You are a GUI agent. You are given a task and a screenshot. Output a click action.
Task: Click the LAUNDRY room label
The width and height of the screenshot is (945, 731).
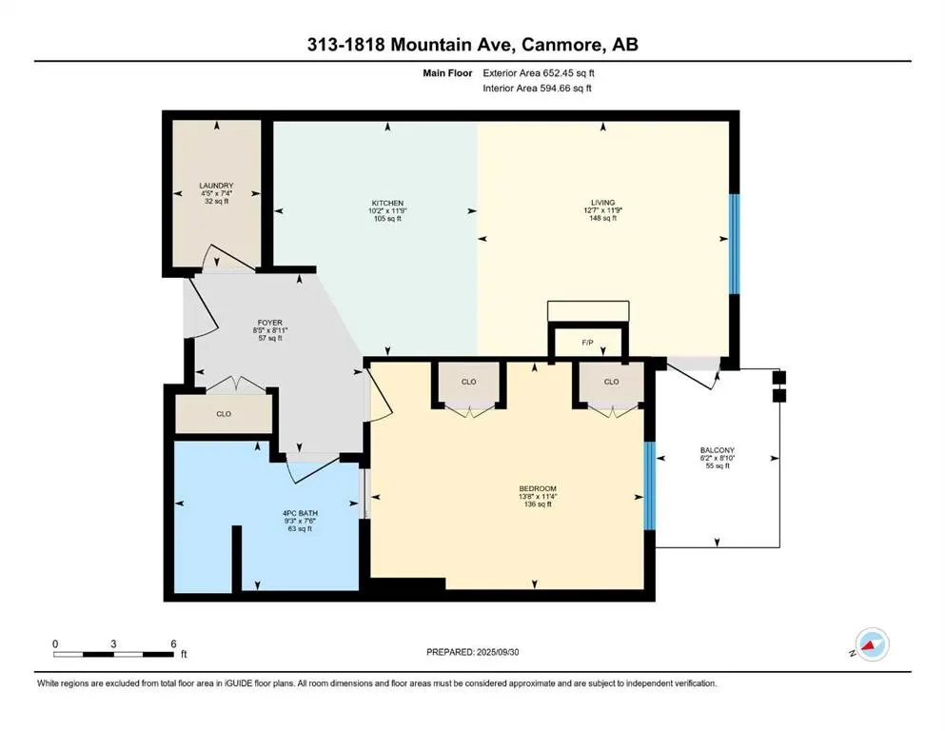pyautogui.click(x=216, y=186)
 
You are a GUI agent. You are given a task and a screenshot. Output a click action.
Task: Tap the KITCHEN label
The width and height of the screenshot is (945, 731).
pyautogui.click(x=387, y=203)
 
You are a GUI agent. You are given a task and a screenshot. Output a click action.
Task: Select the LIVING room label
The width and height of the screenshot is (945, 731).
pyautogui.click(x=602, y=203)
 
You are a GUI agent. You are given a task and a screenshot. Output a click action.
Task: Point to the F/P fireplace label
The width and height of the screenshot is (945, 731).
pyautogui.click(x=587, y=343)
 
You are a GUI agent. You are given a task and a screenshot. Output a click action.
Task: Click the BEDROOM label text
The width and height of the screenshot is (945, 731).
pyautogui.click(x=538, y=488)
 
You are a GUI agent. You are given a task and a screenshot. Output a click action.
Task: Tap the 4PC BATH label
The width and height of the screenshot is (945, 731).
pyautogui.click(x=300, y=513)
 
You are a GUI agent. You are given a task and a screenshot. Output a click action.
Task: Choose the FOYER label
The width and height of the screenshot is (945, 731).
pyautogui.click(x=270, y=323)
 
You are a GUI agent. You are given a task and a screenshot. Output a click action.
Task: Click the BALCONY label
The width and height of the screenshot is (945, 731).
pyautogui.click(x=718, y=450)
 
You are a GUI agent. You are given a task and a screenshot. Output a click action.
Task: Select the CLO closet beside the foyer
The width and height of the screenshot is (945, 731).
pyautogui.click(x=224, y=414)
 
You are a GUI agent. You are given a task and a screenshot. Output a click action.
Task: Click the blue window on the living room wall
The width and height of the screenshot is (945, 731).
pyautogui.click(x=734, y=244)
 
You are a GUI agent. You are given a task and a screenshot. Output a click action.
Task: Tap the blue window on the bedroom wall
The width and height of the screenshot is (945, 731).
pyautogui.click(x=650, y=485)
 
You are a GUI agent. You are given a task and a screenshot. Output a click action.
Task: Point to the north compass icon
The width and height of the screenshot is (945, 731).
pyautogui.click(x=872, y=644)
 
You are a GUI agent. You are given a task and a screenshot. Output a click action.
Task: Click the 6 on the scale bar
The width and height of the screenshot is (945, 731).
pyautogui.click(x=173, y=643)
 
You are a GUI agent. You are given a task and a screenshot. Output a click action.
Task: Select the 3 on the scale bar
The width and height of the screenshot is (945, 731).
pyautogui.click(x=113, y=643)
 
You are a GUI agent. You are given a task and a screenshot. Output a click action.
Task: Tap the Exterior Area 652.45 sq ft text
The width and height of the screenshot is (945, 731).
pyautogui.click(x=539, y=73)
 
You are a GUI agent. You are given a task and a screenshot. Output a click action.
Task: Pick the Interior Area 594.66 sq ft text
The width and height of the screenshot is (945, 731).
pyautogui.click(x=537, y=88)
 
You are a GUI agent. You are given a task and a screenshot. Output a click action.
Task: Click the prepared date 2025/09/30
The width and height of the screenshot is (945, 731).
pyautogui.click(x=497, y=652)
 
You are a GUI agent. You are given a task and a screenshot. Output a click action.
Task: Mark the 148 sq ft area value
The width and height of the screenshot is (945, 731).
pyautogui.click(x=602, y=218)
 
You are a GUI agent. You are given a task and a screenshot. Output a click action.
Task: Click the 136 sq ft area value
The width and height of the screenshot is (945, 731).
pyautogui.click(x=538, y=504)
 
